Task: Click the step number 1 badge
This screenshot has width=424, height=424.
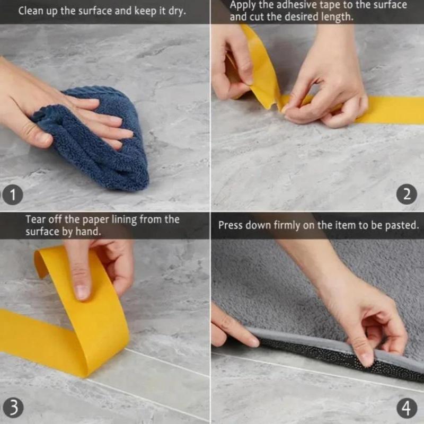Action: [x=12, y=195]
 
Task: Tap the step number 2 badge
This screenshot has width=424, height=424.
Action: [x=407, y=194]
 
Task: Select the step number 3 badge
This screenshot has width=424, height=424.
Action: [x=12, y=408]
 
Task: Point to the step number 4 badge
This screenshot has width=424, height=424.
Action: [x=407, y=408]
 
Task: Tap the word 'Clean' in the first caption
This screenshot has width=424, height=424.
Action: [x=30, y=11]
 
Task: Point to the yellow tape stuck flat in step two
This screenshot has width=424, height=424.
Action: [x=390, y=110]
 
